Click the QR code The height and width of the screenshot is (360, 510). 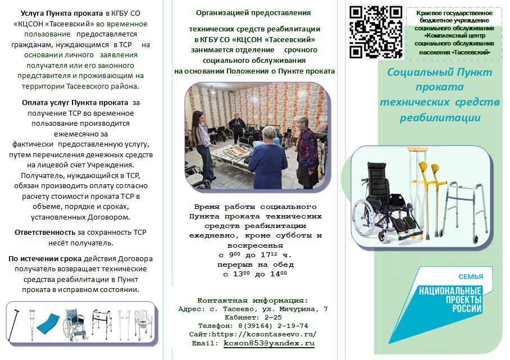[376, 32]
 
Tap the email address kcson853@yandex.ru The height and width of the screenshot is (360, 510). [269, 343]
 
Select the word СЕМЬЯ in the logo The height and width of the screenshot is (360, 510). [471, 277]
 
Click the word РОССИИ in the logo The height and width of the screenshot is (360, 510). [467, 308]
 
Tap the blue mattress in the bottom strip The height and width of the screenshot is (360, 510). [48, 323]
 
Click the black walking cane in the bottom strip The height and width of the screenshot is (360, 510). [13, 325]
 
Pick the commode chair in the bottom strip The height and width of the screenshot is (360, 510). [143, 324]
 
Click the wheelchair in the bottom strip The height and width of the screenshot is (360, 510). [75, 325]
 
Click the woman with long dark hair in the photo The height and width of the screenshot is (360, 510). [201, 145]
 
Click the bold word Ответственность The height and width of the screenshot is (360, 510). [45, 233]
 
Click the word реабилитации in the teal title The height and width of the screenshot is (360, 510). [440, 118]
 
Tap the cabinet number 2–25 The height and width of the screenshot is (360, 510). [273, 317]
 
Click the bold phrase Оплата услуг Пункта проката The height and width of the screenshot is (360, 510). [75, 103]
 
